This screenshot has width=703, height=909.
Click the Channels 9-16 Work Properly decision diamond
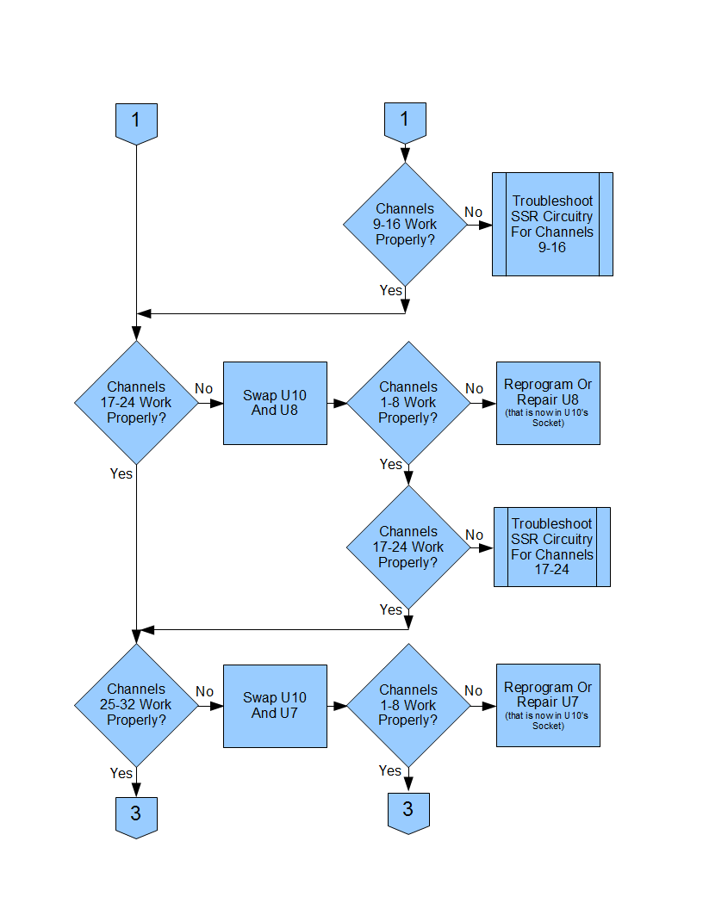[x=405, y=225]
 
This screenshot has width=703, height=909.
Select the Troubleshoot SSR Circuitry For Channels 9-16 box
[x=552, y=224]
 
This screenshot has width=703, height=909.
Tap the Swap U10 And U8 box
[x=275, y=403]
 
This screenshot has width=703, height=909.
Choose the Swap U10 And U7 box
[x=275, y=706]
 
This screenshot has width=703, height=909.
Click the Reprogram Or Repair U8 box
[x=548, y=403]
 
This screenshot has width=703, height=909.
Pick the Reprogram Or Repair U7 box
[x=548, y=705]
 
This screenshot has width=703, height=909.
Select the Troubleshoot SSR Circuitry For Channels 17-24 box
[x=551, y=547]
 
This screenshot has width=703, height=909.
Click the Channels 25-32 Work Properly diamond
[x=136, y=705]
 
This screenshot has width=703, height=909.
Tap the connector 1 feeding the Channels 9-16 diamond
[x=405, y=123]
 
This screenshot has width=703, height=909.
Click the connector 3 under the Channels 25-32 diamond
[x=136, y=818]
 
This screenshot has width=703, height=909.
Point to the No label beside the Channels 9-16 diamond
[x=473, y=212]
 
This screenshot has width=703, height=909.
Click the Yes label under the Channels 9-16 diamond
[x=391, y=290]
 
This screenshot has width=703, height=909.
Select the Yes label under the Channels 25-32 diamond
[x=121, y=773]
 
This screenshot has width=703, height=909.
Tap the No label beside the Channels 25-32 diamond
[x=204, y=691]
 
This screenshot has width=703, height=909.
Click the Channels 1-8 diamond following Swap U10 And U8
[x=408, y=403]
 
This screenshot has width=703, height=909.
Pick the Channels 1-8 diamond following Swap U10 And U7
[x=408, y=705]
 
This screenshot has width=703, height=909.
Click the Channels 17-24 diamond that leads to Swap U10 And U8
[x=136, y=402]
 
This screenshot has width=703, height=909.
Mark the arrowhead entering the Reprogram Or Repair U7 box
[x=489, y=706]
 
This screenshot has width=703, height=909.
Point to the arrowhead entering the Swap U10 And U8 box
[x=216, y=403]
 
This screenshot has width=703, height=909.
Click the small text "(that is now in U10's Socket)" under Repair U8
[x=547, y=417]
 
